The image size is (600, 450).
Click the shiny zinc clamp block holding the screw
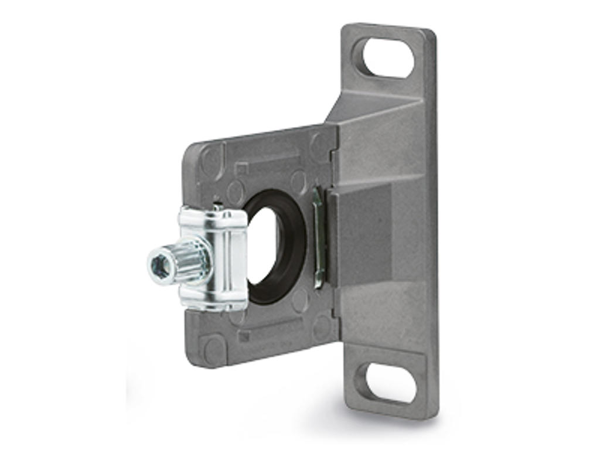coord(226,258)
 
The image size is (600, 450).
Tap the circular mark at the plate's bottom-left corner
coord(212,347)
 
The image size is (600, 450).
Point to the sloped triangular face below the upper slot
coord(375,111)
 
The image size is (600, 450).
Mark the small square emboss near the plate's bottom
coord(244,335)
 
